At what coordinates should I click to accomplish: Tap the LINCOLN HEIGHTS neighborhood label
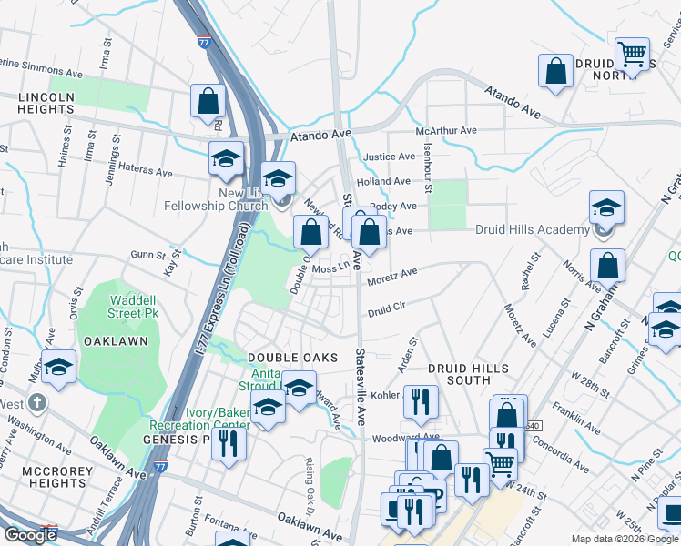45,102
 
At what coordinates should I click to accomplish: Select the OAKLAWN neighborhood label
116,340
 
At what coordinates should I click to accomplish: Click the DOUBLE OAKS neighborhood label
293,358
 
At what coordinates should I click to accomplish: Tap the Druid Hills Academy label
533,229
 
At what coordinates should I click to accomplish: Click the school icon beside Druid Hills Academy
606,208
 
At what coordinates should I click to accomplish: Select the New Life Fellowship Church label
217,199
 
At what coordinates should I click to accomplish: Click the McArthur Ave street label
446,131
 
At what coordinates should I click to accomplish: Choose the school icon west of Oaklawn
59,367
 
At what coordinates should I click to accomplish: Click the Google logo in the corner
30,535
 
